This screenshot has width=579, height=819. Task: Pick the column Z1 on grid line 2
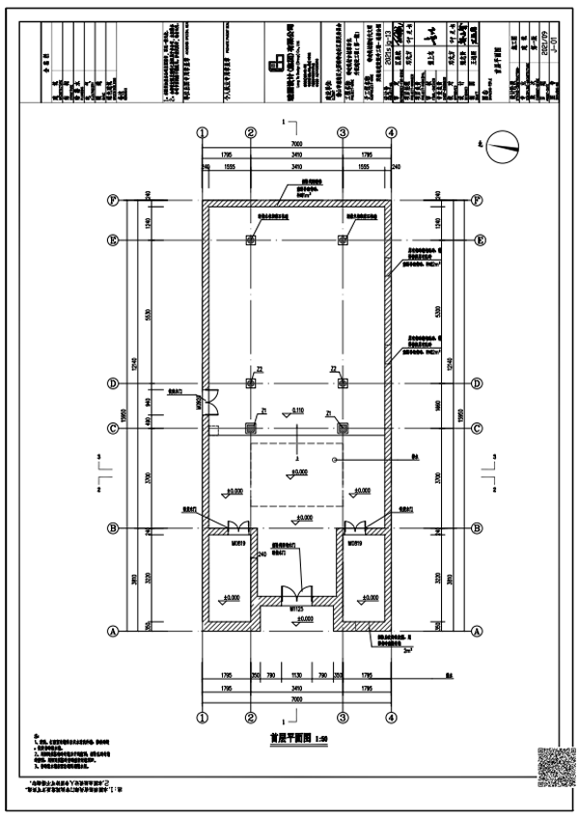click(250, 426)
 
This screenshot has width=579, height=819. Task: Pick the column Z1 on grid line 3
click(342, 426)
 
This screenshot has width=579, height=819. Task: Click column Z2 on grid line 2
click(250, 383)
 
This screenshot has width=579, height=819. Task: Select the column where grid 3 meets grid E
click(342, 240)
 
